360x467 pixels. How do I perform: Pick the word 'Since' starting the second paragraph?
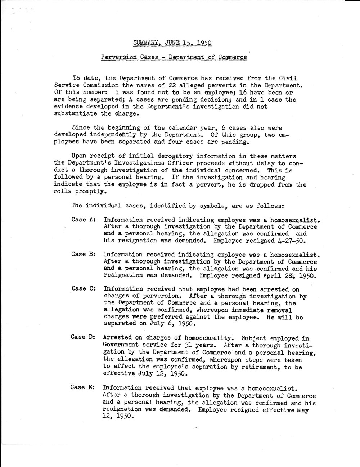tap(81, 127)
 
